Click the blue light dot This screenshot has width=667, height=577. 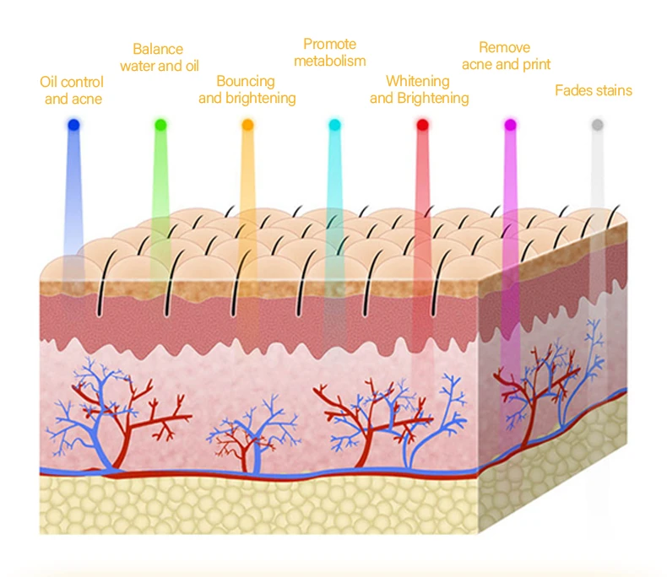(x=73, y=125)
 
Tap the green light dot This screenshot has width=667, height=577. (x=160, y=125)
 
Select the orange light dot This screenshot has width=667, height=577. (x=247, y=125)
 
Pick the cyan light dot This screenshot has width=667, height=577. (x=334, y=125)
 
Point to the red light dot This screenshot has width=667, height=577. (x=422, y=125)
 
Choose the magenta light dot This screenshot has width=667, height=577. (x=510, y=125)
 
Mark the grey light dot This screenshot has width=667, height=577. (x=598, y=125)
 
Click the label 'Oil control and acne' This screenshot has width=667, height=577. (x=72, y=90)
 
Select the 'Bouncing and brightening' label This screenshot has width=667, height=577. (x=247, y=89)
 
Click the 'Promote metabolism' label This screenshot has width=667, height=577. (x=330, y=52)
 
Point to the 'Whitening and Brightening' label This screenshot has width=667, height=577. (x=419, y=89)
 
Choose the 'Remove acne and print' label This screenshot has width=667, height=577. (x=506, y=56)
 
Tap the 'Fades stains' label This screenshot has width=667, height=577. (x=593, y=90)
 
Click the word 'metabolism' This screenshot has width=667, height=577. (x=330, y=61)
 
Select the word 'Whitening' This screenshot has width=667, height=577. (x=418, y=81)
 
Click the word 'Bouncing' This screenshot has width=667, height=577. (x=246, y=81)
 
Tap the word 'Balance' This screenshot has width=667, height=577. (x=158, y=49)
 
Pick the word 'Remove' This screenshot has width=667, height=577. (x=504, y=47)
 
